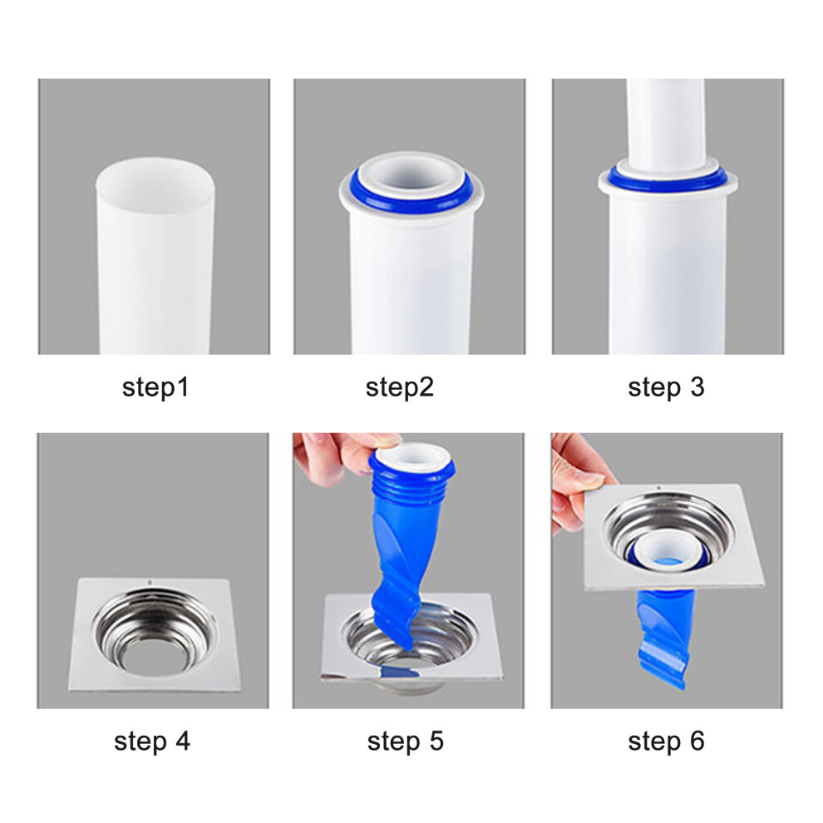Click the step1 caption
tap(155, 388)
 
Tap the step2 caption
tap(399, 388)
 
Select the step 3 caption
tap(666, 388)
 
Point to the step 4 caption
tap(152, 742)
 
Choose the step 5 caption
tap(405, 742)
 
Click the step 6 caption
tap(666, 742)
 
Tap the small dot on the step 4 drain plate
tap(150, 582)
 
